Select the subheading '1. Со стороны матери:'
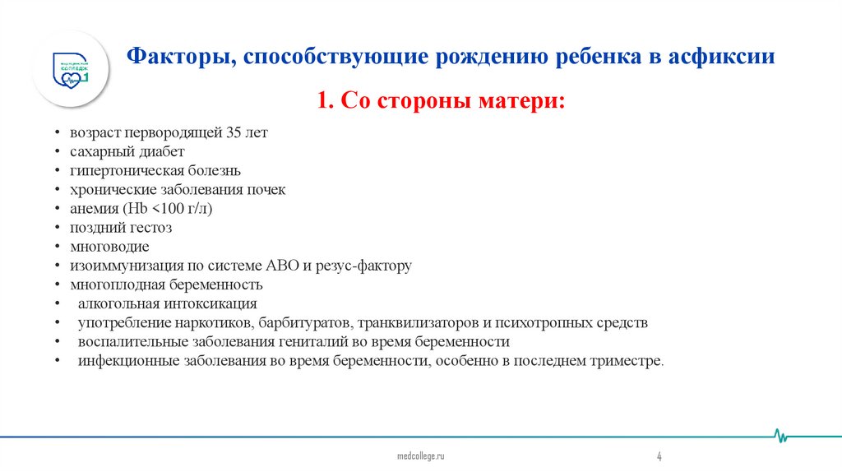click(x=442, y=102)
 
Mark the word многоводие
click(x=109, y=247)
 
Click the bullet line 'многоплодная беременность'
click(x=166, y=285)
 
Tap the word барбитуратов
click(x=309, y=322)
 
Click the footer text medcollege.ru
click(x=420, y=456)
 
